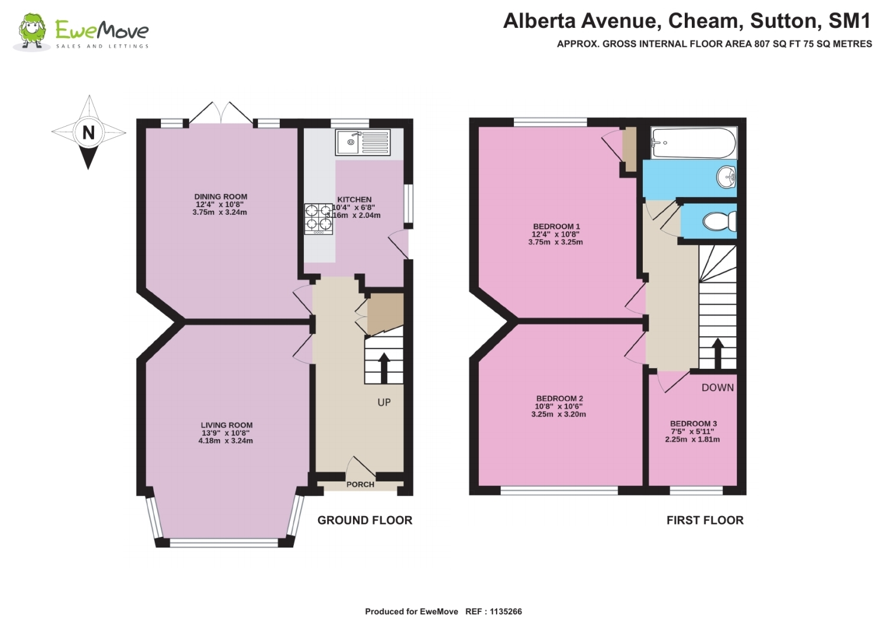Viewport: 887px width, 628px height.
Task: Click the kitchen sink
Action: pyautogui.click(x=362, y=142)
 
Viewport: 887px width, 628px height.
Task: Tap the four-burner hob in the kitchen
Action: pyautogui.click(x=318, y=217)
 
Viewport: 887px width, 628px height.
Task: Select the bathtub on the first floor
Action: pyautogui.click(x=693, y=143)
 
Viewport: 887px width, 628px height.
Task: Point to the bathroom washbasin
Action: pyautogui.click(x=726, y=176)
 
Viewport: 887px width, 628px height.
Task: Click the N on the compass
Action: pyautogui.click(x=89, y=133)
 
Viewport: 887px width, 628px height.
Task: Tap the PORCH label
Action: pyautogui.click(x=360, y=484)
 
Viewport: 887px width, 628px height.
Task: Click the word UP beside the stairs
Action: pyautogui.click(x=384, y=402)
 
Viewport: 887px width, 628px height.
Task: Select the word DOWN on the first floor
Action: pyautogui.click(x=717, y=388)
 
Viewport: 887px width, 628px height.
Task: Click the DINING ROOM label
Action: pyautogui.click(x=221, y=197)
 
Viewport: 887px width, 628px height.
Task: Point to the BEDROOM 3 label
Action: pyautogui.click(x=693, y=424)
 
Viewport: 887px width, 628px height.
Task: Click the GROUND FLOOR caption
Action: pyautogui.click(x=365, y=520)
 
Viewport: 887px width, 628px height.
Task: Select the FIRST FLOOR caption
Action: pyautogui.click(x=705, y=520)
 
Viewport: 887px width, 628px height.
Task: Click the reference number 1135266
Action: pyautogui.click(x=506, y=611)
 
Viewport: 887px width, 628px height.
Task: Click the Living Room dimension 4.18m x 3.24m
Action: pyautogui.click(x=225, y=441)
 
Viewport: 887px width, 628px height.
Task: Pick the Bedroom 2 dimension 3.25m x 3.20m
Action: pyautogui.click(x=559, y=414)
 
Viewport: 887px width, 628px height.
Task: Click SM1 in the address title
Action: pyautogui.click(x=849, y=21)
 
